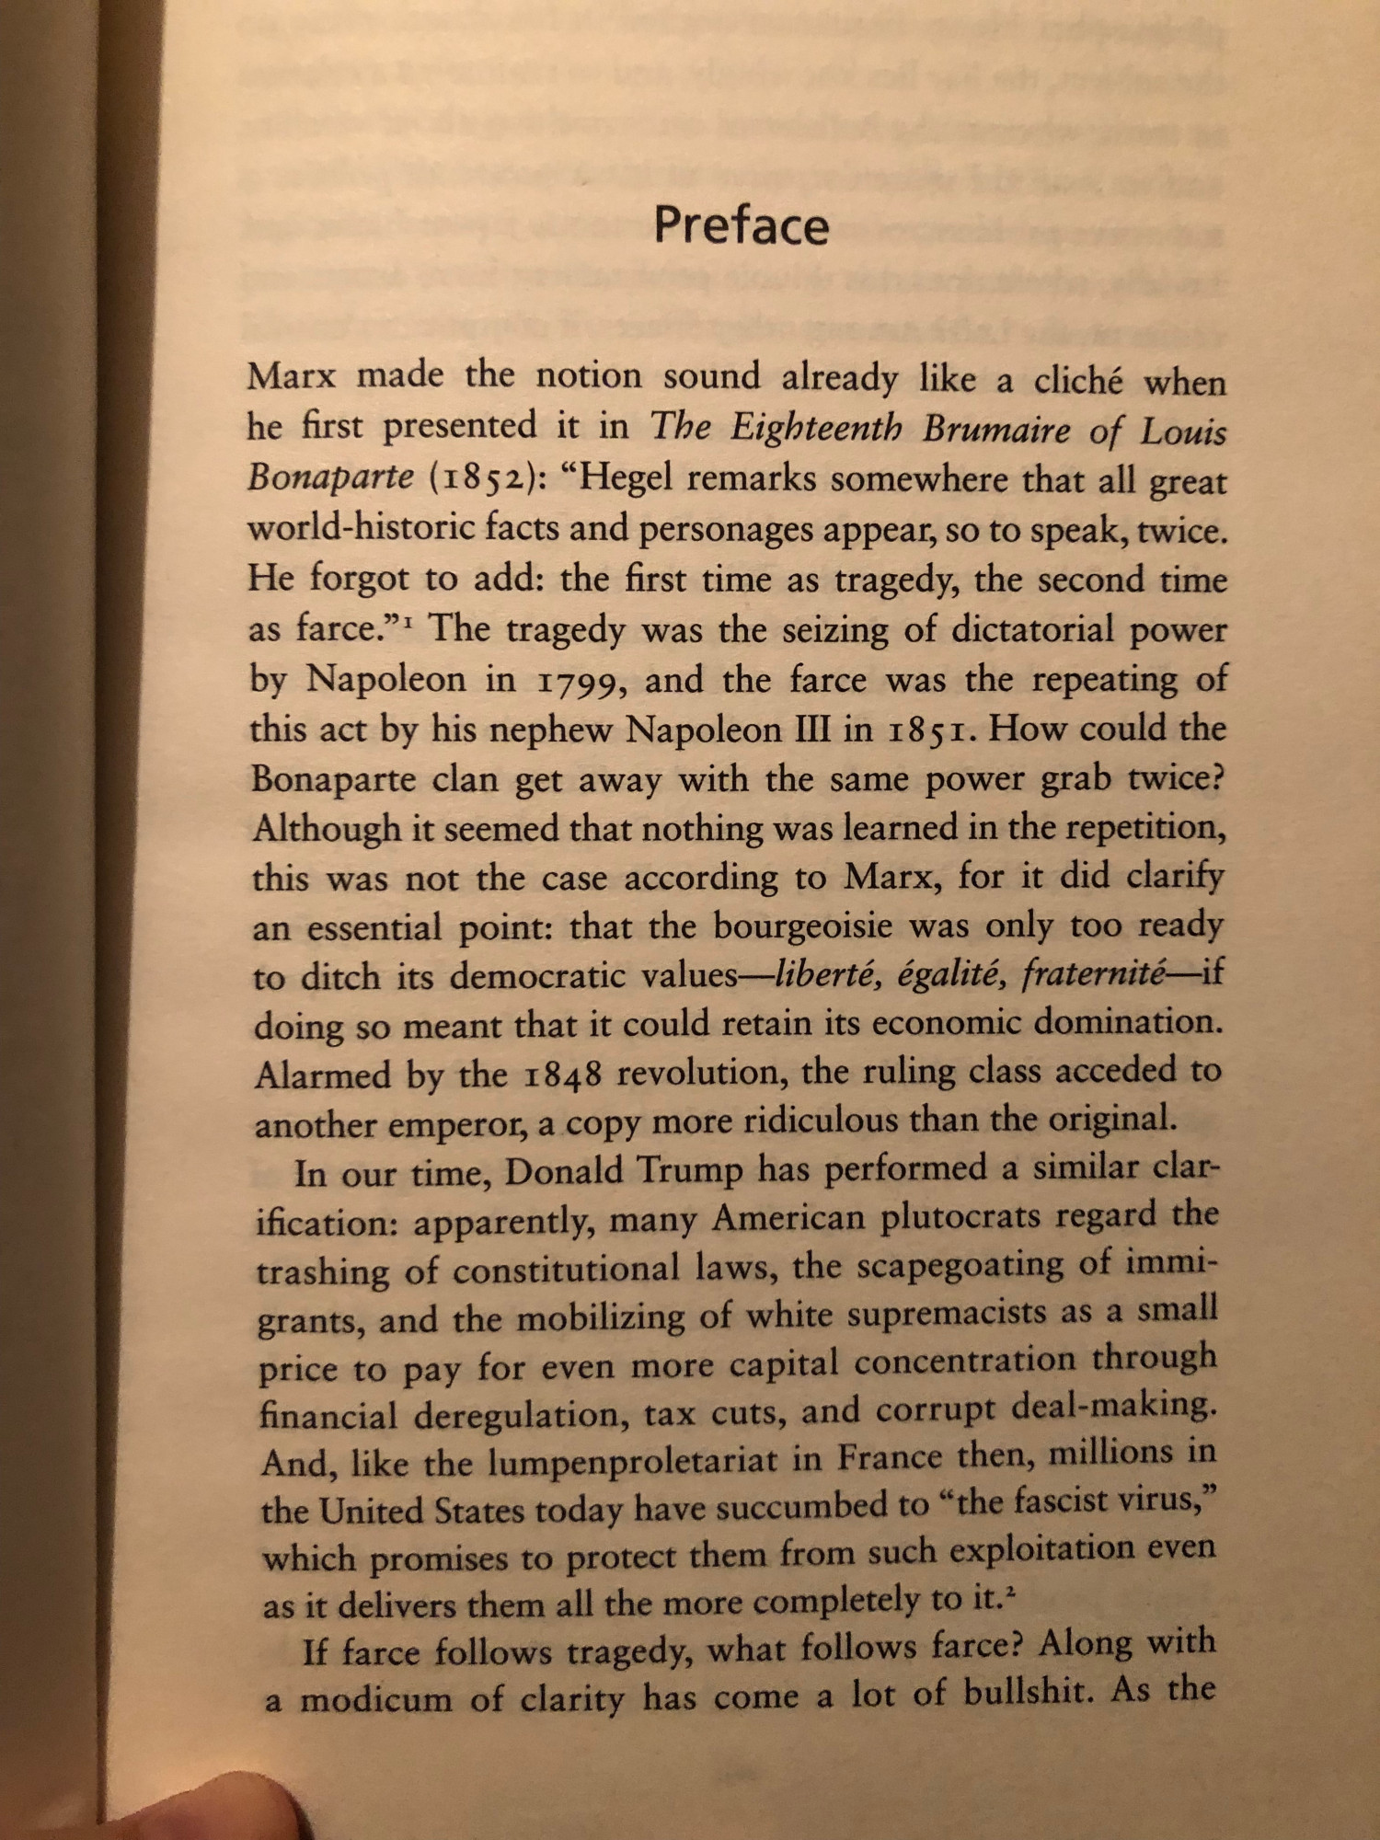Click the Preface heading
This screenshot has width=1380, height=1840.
tap(741, 226)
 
